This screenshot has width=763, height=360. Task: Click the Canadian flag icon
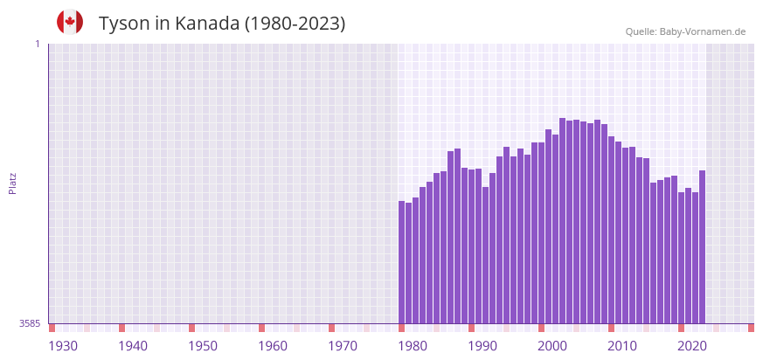tap(70, 22)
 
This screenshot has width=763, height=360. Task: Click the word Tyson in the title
tap(124, 24)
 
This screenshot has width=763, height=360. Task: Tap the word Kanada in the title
tap(206, 24)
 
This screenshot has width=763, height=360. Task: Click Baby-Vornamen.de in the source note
tap(702, 31)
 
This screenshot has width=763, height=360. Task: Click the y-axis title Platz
tap(12, 183)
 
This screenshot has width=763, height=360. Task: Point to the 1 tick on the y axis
tap(37, 44)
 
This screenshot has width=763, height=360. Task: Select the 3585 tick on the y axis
tap(30, 323)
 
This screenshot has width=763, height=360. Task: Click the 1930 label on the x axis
tap(63, 346)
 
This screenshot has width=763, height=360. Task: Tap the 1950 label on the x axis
tap(203, 346)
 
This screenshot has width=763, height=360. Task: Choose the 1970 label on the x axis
tap(343, 346)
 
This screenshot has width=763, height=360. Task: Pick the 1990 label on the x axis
tap(482, 346)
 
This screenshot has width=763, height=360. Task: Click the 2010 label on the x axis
tap(622, 346)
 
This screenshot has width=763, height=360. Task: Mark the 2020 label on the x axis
tap(692, 346)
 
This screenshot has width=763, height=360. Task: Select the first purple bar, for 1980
tap(402, 262)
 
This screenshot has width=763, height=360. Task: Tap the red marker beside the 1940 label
tap(122, 328)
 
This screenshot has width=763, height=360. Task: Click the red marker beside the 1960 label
tap(261, 328)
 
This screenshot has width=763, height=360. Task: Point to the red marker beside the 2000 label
tap(541, 328)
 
